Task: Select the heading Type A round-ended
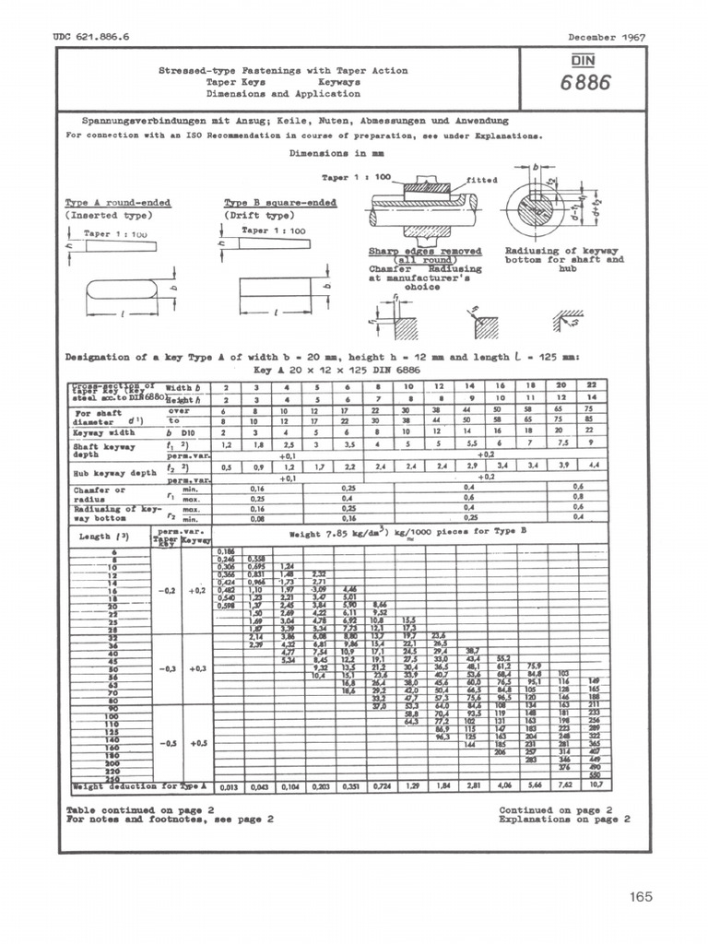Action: [117, 203]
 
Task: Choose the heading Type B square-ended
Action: [280, 203]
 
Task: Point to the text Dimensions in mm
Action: [336, 153]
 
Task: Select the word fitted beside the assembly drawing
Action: [482, 181]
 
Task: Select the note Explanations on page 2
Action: [564, 818]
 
